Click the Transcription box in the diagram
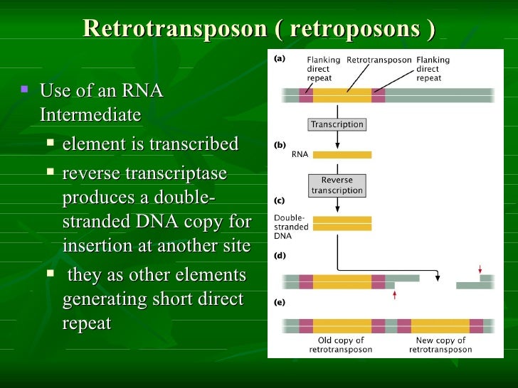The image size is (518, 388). [x=337, y=124]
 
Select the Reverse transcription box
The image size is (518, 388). [x=337, y=185]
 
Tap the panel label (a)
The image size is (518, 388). [x=280, y=60]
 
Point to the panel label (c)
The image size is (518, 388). [x=280, y=200]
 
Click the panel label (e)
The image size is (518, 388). [x=280, y=301]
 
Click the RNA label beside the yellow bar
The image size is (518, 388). [x=300, y=153]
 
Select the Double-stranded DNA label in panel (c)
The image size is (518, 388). [x=291, y=227]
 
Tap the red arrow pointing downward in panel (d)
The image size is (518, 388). [x=480, y=269]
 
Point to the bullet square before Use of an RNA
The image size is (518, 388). [x=25, y=90]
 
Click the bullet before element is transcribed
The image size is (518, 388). [x=50, y=143]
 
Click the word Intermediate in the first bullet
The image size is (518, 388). [x=90, y=114]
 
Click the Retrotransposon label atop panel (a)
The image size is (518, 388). [x=379, y=60]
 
